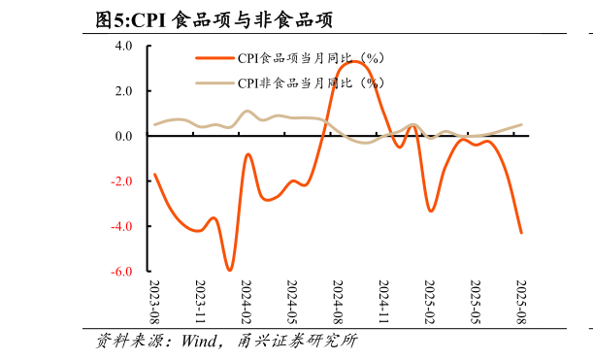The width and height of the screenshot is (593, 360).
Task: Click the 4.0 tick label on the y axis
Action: pyautogui.click(x=123, y=46)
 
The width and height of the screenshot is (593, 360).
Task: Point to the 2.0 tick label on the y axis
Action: pyautogui.click(x=123, y=91)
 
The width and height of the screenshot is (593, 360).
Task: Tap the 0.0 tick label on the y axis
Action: pyautogui.click(x=123, y=136)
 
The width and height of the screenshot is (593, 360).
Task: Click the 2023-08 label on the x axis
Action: pyautogui.click(x=154, y=302)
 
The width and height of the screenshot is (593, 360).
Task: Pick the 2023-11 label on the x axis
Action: pyautogui.click(x=200, y=302)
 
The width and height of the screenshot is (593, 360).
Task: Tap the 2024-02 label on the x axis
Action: pyautogui.click(x=247, y=302)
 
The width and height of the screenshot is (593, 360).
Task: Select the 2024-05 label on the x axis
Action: pyautogui.click(x=292, y=302)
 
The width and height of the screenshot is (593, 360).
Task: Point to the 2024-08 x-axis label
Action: pyautogui.click(x=338, y=302)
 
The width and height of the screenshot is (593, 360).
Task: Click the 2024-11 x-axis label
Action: pyautogui.click(x=383, y=302)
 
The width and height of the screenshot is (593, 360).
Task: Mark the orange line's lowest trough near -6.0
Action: pyautogui.click(x=229, y=270)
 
